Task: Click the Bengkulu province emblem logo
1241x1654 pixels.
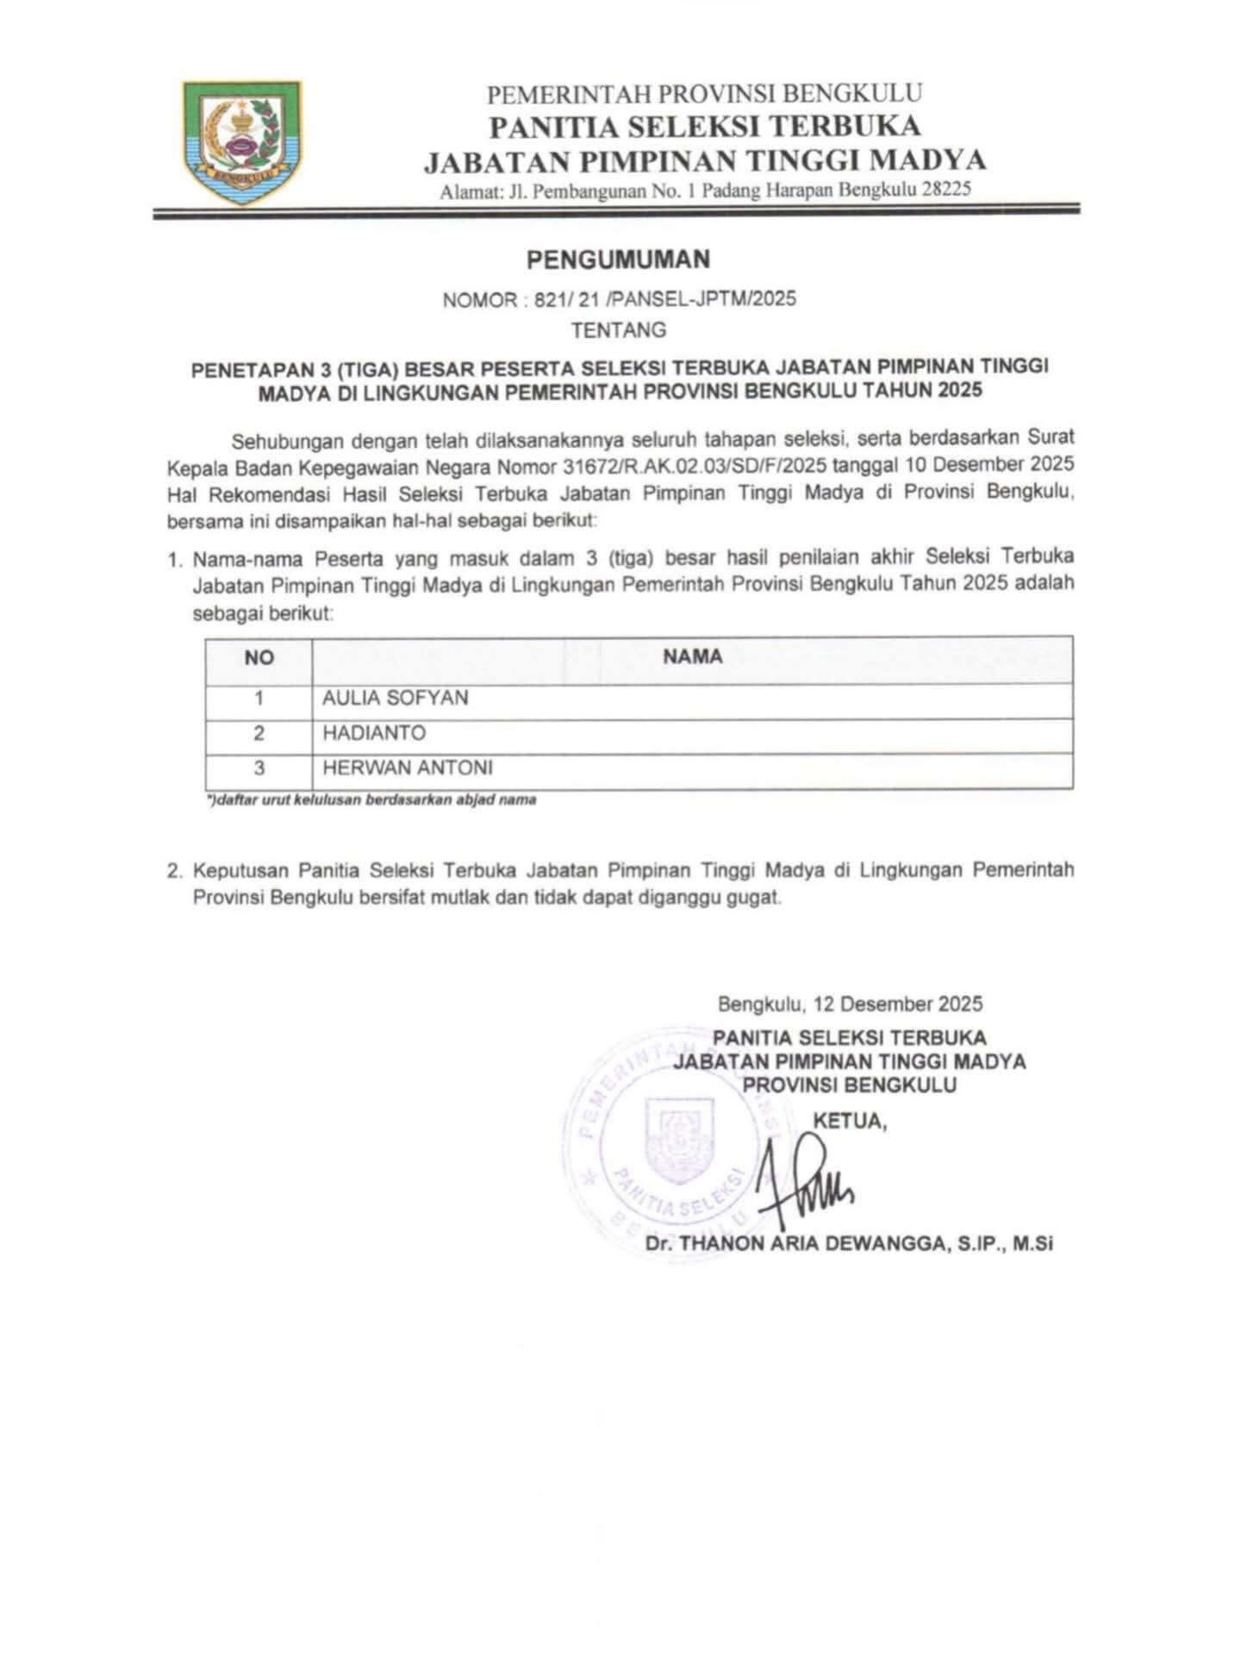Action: point(242,142)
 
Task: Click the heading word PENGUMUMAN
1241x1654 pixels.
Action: point(619,258)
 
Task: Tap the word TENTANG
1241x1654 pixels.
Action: point(619,330)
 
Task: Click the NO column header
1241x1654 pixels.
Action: point(259,658)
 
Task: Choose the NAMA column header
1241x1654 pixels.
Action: point(692,657)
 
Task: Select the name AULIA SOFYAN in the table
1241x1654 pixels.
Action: point(396,698)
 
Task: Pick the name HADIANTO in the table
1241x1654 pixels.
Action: point(374,733)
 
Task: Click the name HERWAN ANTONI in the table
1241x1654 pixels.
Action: point(408,768)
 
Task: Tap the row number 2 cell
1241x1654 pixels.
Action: point(259,734)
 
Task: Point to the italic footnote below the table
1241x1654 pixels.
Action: point(371,800)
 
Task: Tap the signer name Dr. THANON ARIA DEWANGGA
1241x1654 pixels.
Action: point(849,1244)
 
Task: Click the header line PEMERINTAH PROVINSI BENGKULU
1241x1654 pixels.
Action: point(705,93)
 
